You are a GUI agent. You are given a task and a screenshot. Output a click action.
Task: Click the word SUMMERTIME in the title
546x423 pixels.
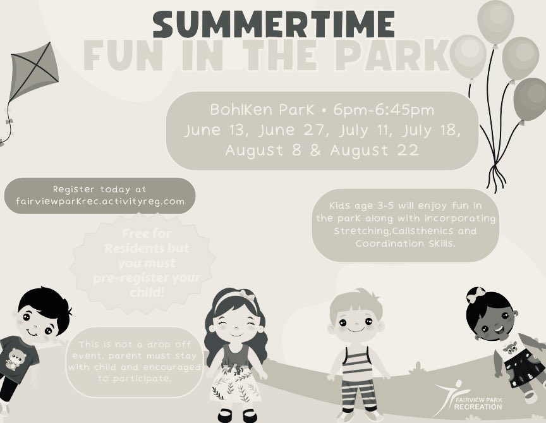point(274,25)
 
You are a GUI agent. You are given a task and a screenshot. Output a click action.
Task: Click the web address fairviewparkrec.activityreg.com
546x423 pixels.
point(100,201)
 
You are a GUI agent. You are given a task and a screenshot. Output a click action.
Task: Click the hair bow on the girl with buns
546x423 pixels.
point(475,295)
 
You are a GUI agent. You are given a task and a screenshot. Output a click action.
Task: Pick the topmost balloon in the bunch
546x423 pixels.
point(495,21)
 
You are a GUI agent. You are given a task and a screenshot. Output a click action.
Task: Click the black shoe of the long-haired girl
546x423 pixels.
point(226,415)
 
